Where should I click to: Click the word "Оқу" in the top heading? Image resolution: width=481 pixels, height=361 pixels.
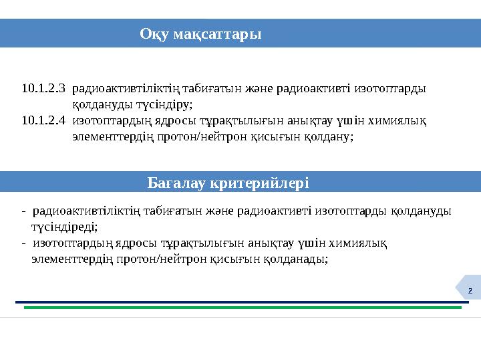(153, 33)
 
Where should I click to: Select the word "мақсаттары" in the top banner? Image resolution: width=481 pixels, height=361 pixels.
(217, 33)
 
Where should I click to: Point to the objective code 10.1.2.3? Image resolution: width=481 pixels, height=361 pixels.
(43, 88)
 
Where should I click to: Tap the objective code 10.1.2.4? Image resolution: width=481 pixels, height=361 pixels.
(43, 121)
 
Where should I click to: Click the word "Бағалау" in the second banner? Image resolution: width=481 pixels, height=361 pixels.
(176, 182)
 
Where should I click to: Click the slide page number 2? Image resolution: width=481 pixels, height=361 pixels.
(470, 291)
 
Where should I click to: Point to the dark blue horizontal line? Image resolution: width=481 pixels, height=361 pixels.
(240, 302)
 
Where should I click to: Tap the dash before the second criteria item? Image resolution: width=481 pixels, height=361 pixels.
(23, 243)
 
